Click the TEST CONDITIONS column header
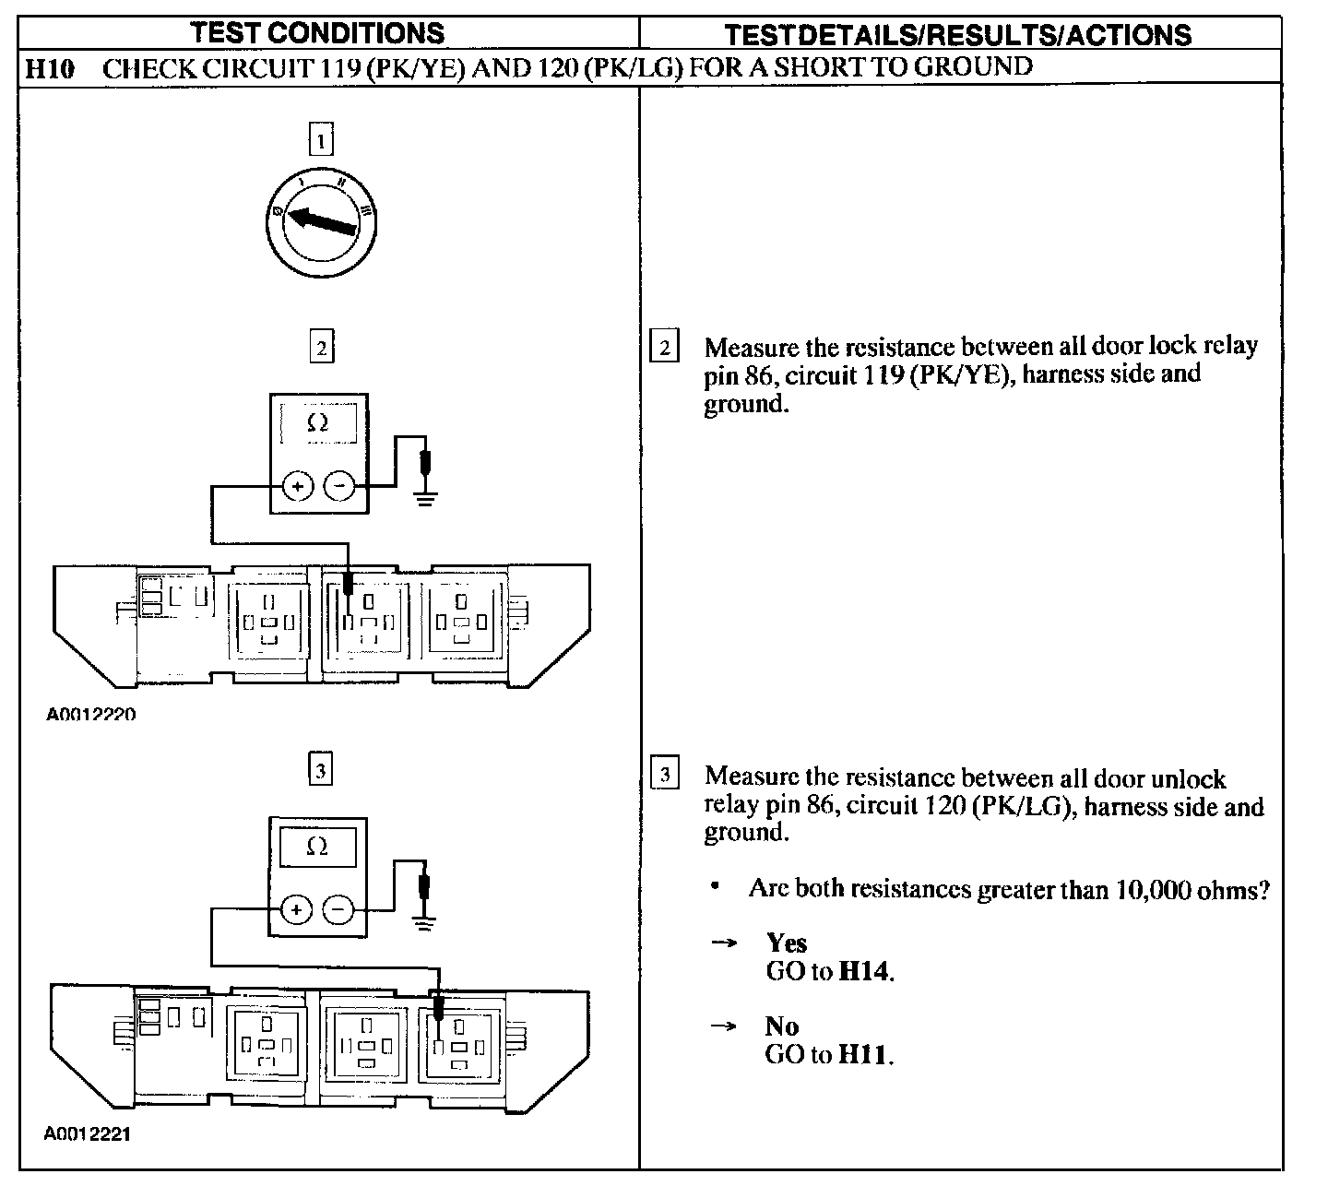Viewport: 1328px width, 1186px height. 317,33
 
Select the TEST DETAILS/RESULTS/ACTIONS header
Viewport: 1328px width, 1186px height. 957,35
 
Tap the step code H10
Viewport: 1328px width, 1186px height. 48,67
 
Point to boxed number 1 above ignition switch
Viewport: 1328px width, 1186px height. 320,141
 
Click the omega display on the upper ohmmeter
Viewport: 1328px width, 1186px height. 318,423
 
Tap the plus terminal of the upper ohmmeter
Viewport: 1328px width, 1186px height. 297,485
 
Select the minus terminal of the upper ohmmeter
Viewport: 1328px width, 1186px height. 339,485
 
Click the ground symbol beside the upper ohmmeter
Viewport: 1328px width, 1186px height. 425,500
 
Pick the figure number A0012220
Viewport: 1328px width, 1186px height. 90,714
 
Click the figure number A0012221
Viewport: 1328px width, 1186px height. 88,1133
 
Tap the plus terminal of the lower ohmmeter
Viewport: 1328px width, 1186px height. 296,910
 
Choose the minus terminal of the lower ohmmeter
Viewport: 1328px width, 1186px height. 338,910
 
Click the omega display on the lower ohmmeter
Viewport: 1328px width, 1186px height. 317,848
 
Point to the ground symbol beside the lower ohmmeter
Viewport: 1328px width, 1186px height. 423,923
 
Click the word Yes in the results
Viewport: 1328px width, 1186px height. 786,943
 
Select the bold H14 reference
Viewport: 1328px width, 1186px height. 865,971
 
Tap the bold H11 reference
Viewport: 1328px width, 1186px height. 865,1054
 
